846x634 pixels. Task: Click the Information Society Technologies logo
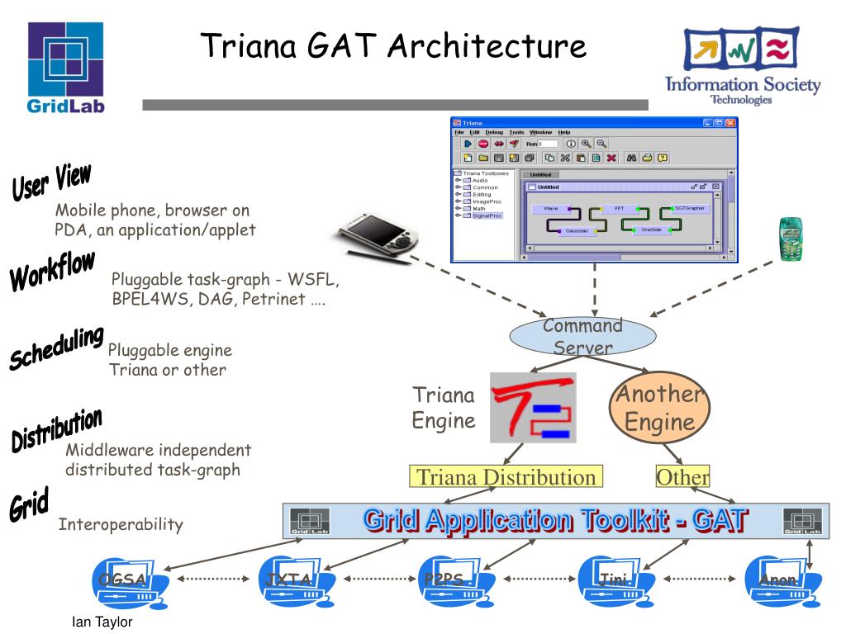(743, 66)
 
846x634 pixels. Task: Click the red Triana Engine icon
(532, 407)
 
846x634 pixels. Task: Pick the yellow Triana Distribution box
(506, 477)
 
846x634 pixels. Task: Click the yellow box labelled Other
(682, 477)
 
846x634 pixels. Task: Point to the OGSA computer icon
(123, 583)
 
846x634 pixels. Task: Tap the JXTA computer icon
(290, 582)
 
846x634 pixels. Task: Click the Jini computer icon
(612, 582)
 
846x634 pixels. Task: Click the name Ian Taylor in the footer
(102, 622)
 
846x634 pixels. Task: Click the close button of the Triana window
(730, 122)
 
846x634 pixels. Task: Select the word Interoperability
(121, 524)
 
